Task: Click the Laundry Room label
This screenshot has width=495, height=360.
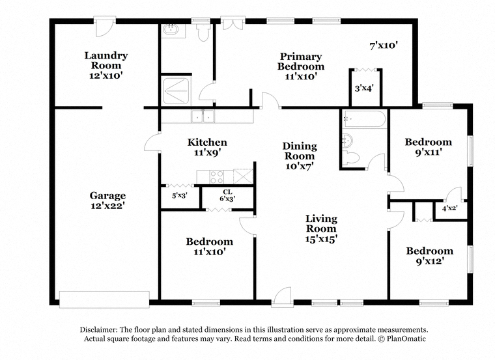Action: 106,61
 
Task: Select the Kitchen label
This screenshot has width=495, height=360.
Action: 207,142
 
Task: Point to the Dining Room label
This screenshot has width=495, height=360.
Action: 300,151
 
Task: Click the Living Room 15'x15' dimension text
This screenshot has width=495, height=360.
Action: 321,239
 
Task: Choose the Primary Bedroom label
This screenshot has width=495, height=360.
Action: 300,61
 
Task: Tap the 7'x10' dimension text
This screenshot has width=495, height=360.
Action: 383,46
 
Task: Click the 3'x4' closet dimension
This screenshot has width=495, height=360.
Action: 365,88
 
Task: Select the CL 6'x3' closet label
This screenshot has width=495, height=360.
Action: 227,195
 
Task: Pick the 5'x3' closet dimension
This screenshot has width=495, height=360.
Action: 180,195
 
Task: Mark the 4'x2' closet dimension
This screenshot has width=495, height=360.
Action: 450,208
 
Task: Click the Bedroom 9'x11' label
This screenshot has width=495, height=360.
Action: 429,146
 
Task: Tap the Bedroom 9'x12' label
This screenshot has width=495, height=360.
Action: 430,256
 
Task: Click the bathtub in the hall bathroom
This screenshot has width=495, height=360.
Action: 365,119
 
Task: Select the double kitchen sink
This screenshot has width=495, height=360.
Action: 203,116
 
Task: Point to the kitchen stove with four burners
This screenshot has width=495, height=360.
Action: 217,176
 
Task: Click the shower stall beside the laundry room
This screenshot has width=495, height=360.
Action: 175,91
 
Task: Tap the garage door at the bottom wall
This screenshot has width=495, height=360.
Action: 104,299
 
